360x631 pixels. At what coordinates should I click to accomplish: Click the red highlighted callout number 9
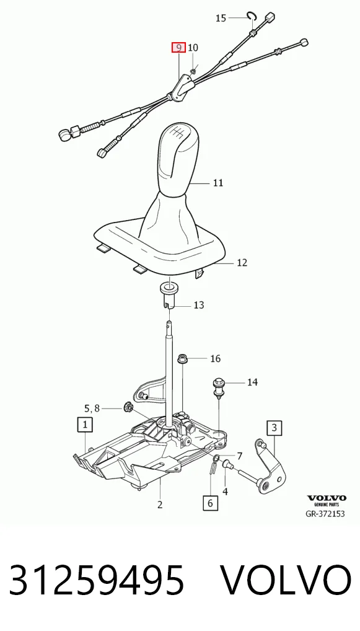pyautogui.click(x=178, y=48)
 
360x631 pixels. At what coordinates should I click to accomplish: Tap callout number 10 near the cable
pyautogui.click(x=193, y=48)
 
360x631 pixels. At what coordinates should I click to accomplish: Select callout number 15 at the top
pyautogui.click(x=221, y=18)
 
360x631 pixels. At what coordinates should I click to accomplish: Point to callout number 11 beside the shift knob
pyautogui.click(x=217, y=183)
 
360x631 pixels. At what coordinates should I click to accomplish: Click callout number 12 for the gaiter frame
pyautogui.click(x=242, y=262)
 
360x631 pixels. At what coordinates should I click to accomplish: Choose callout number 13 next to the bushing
pyautogui.click(x=199, y=305)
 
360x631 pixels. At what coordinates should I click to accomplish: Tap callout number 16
pyautogui.click(x=216, y=358)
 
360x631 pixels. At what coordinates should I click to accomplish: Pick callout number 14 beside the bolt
pyautogui.click(x=252, y=382)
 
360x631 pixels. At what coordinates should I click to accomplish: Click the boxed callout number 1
pyautogui.click(x=85, y=424)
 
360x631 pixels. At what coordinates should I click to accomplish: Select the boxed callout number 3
pyautogui.click(x=274, y=427)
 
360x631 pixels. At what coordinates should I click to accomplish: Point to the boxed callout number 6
pyautogui.click(x=211, y=503)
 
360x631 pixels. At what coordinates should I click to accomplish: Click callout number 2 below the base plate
pyautogui.click(x=160, y=504)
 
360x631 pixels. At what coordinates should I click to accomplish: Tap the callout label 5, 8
pyautogui.click(x=92, y=408)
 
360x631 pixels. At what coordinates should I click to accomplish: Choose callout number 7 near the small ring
pyautogui.click(x=239, y=456)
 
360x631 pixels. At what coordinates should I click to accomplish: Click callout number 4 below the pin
pyautogui.click(x=226, y=492)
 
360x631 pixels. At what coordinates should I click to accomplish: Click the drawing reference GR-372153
pyautogui.click(x=325, y=514)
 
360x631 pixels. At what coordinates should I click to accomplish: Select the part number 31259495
pyautogui.click(x=97, y=580)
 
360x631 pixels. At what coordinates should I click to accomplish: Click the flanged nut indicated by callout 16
pyautogui.click(x=182, y=358)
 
